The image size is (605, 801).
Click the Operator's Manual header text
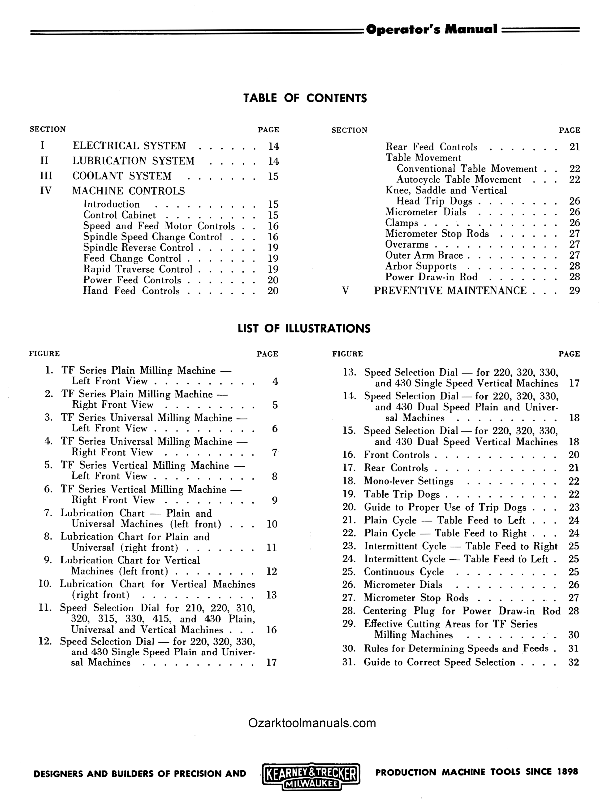tap(431, 29)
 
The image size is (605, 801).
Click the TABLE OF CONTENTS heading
tap(305, 98)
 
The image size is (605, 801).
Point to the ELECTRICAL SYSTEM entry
tap(129, 146)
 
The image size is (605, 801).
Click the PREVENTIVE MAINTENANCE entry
tap(450, 290)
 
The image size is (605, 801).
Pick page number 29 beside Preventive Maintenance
tap(574, 290)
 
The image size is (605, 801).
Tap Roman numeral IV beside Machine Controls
tap(46, 191)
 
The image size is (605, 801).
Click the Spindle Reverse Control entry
tap(138, 248)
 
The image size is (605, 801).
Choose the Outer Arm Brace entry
tap(424, 255)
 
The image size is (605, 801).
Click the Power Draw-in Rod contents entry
tap(431, 277)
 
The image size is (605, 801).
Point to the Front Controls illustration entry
tap(397, 455)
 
